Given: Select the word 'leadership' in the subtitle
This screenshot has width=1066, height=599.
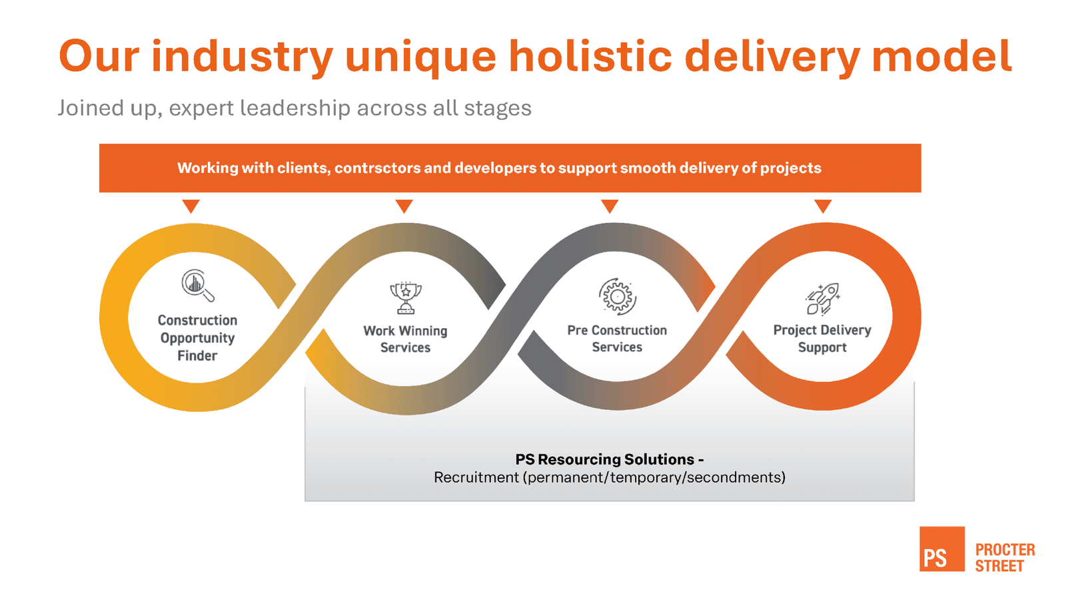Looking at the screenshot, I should [x=294, y=108].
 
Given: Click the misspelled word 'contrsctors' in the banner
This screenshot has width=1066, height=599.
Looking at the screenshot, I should [x=377, y=168].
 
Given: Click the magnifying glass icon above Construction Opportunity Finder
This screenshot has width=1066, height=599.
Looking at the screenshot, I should [x=198, y=286].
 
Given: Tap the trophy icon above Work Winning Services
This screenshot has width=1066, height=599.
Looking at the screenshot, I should [x=405, y=298].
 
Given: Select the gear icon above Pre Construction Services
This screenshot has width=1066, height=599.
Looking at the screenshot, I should [x=617, y=296].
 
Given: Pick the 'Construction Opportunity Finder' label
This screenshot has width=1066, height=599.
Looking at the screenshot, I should [x=197, y=338].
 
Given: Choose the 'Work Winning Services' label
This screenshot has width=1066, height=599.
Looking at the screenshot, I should [x=405, y=339].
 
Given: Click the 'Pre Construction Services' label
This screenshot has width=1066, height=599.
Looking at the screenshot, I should [x=617, y=339].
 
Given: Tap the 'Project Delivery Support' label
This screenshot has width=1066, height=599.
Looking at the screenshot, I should [x=822, y=339].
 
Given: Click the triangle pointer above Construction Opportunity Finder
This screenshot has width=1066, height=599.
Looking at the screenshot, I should [x=191, y=206].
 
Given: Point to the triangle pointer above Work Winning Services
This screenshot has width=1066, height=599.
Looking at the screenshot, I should [x=404, y=206].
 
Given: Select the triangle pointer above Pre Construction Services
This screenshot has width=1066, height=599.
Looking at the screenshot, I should [x=610, y=206].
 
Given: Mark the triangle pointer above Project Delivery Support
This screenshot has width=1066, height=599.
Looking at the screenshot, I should [x=823, y=206].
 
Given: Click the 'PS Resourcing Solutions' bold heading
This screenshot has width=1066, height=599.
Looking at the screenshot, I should [x=609, y=459].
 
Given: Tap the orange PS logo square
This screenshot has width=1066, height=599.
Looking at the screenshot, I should [x=941, y=549].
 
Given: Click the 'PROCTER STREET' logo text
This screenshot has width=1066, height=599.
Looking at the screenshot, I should [x=1005, y=558].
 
